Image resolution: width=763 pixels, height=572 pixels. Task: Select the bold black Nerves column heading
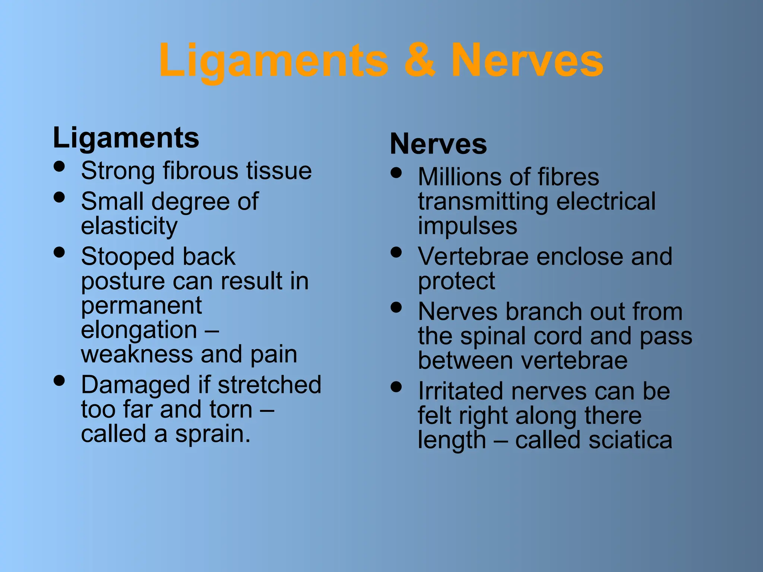438,144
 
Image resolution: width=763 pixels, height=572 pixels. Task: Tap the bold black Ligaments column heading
126,138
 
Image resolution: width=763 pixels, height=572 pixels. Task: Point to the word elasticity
129,226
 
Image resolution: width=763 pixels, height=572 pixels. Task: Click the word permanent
142,306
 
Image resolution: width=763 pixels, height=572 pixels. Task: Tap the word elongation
139,330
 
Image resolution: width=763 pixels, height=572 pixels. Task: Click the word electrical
605,201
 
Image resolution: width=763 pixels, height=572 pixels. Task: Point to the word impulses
468,226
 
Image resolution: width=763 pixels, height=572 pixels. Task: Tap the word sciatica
631,440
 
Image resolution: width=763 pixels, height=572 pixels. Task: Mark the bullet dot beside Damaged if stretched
59,380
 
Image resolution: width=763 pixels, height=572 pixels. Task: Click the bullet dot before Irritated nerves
396,387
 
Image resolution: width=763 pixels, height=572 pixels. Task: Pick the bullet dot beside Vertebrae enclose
396,252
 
